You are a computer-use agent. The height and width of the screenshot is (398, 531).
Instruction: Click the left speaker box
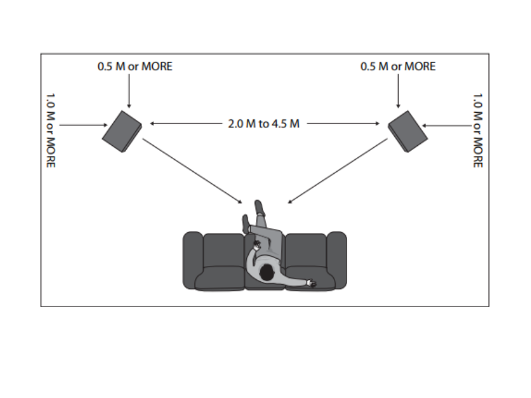pyautogui.click(x=122, y=132)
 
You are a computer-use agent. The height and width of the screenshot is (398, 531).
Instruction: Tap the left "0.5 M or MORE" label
pyautogui.click(x=134, y=66)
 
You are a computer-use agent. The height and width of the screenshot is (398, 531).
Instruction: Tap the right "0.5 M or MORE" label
pyautogui.click(x=398, y=66)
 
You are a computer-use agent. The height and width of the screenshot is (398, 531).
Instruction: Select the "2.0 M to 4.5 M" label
pyautogui.click(x=264, y=123)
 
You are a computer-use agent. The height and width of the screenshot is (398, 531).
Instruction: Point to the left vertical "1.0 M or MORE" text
pyautogui.click(x=51, y=129)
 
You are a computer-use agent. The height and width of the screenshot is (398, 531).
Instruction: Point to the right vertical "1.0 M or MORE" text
pyautogui.click(x=477, y=129)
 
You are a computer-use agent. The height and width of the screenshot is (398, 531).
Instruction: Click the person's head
pyautogui.click(x=267, y=272)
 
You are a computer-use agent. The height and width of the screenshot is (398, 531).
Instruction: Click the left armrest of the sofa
pyautogui.click(x=192, y=259)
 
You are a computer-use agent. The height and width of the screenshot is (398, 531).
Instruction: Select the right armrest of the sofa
pyautogui.click(x=337, y=259)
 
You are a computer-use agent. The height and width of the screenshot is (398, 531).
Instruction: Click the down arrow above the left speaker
pyautogui.click(x=129, y=90)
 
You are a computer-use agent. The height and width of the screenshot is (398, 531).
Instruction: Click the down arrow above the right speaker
pyautogui.click(x=398, y=90)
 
